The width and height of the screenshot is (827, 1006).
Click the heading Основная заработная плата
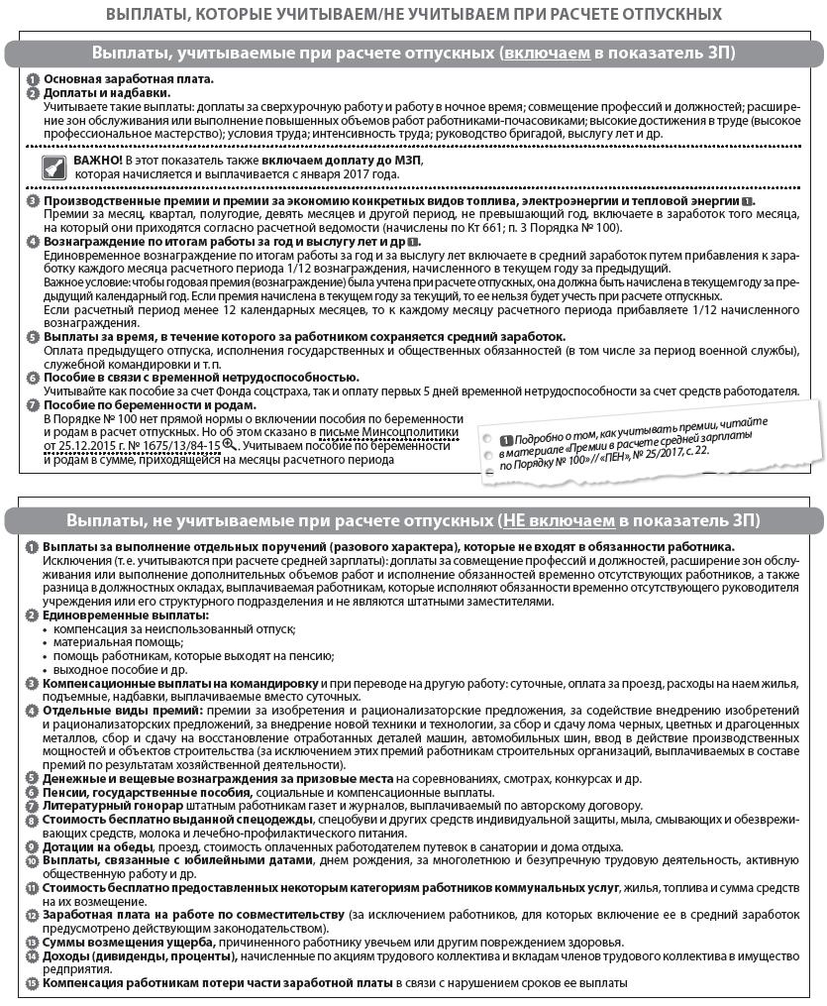129,79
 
